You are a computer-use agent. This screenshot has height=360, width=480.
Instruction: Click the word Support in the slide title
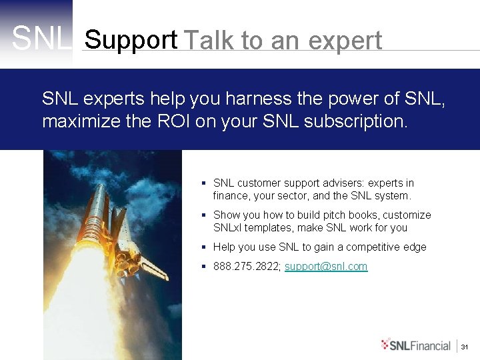131,40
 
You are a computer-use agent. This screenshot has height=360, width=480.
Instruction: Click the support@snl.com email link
326,266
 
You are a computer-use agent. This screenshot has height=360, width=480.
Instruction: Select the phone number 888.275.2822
247,266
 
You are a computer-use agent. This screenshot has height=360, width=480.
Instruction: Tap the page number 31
466,346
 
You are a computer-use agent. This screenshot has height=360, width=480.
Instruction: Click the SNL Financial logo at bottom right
416,345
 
